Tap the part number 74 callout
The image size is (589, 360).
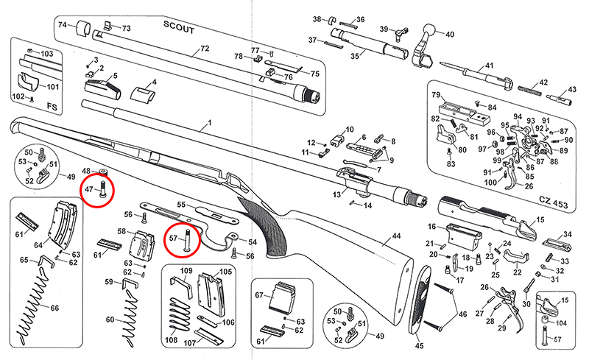tap(63, 25)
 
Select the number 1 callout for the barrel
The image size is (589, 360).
tap(209, 122)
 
